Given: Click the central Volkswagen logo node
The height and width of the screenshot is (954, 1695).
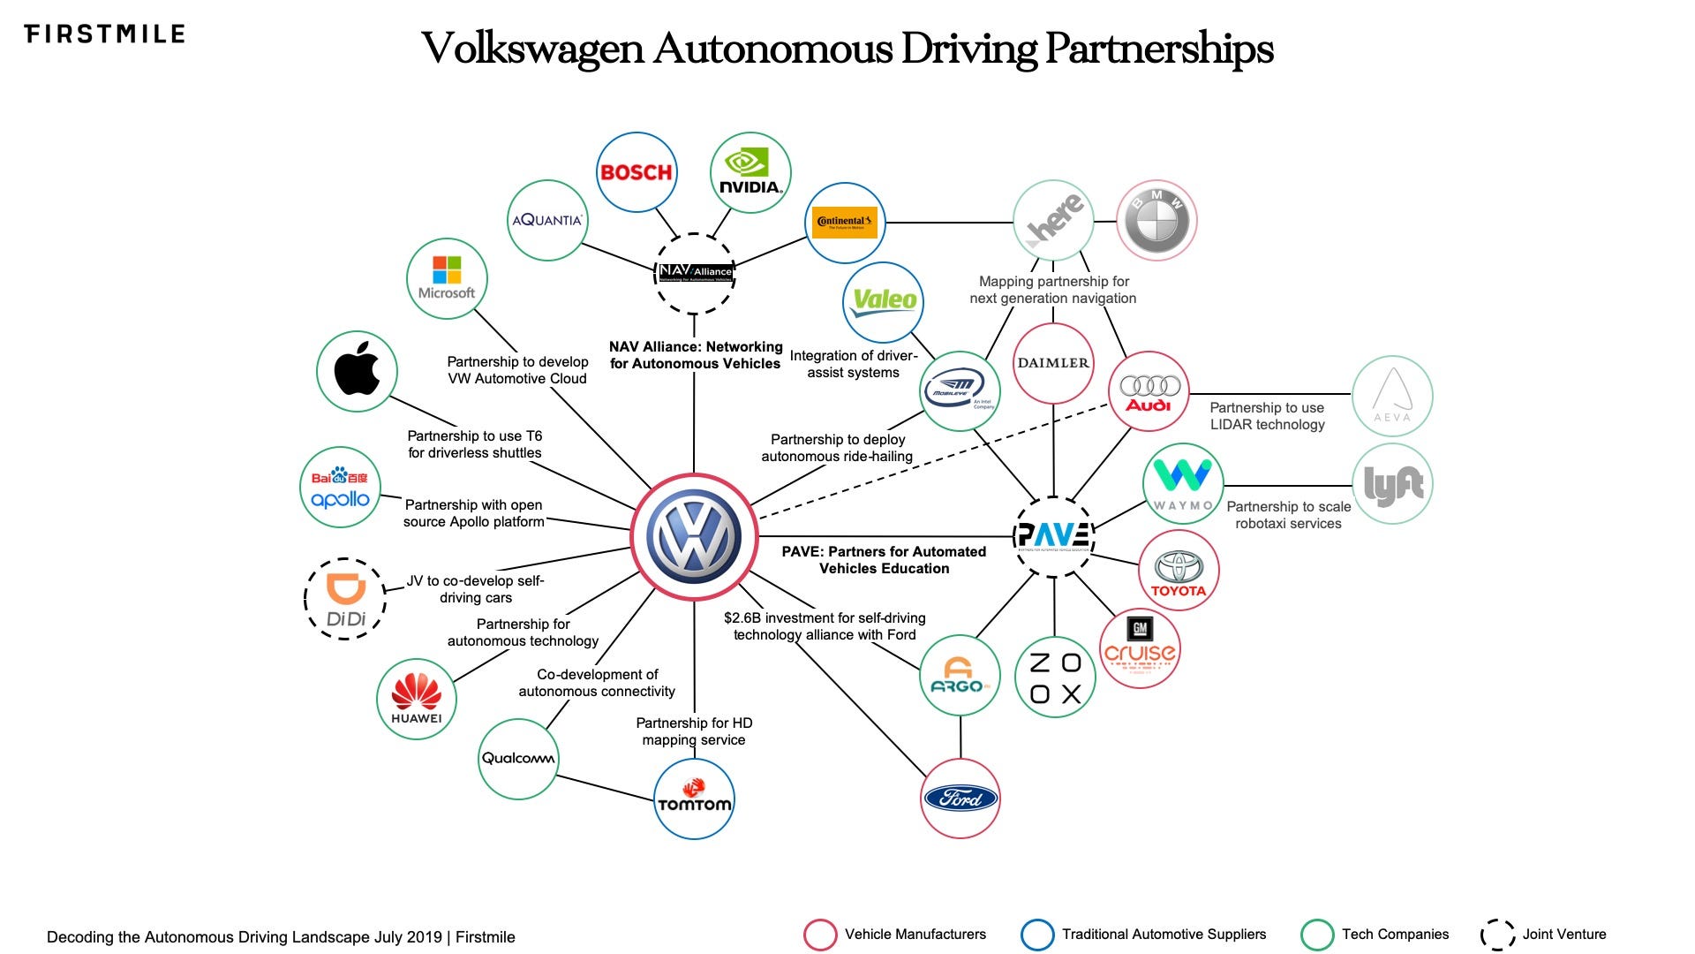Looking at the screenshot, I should click(694, 536).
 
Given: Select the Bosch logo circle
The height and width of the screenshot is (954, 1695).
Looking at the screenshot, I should click(637, 172).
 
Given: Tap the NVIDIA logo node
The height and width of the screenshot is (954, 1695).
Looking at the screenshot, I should click(750, 172).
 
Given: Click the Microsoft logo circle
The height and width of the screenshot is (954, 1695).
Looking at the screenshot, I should click(447, 278).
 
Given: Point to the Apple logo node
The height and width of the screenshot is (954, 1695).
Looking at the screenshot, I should click(357, 371).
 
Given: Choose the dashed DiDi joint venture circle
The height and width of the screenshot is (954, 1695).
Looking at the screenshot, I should click(345, 599).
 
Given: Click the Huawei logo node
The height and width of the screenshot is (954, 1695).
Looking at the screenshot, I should click(417, 699).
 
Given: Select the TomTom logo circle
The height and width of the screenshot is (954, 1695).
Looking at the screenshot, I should click(694, 799).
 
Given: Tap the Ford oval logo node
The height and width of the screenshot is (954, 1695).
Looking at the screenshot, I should click(960, 799).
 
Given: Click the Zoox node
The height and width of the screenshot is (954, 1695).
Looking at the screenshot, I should click(1054, 678).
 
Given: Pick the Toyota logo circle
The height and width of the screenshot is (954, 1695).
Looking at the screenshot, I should click(1179, 571).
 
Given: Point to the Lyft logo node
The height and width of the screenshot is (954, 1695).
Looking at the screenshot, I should click(1392, 484).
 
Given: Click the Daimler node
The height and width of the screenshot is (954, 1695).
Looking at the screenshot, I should click(1053, 363).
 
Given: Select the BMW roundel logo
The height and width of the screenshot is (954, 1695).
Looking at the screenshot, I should click(1156, 222).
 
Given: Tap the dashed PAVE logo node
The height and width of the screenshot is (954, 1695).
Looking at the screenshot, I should click(1054, 536).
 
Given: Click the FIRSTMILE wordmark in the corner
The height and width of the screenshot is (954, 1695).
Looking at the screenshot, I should click(104, 34).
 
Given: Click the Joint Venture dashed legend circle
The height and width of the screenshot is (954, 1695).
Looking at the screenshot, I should click(1497, 935).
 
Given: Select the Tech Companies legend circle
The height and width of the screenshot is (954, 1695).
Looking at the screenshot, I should click(1317, 935).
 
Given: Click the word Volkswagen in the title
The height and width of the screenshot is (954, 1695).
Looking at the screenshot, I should click(532, 49).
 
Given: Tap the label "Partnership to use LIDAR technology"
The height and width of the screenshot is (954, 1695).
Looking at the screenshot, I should click(1267, 416).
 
